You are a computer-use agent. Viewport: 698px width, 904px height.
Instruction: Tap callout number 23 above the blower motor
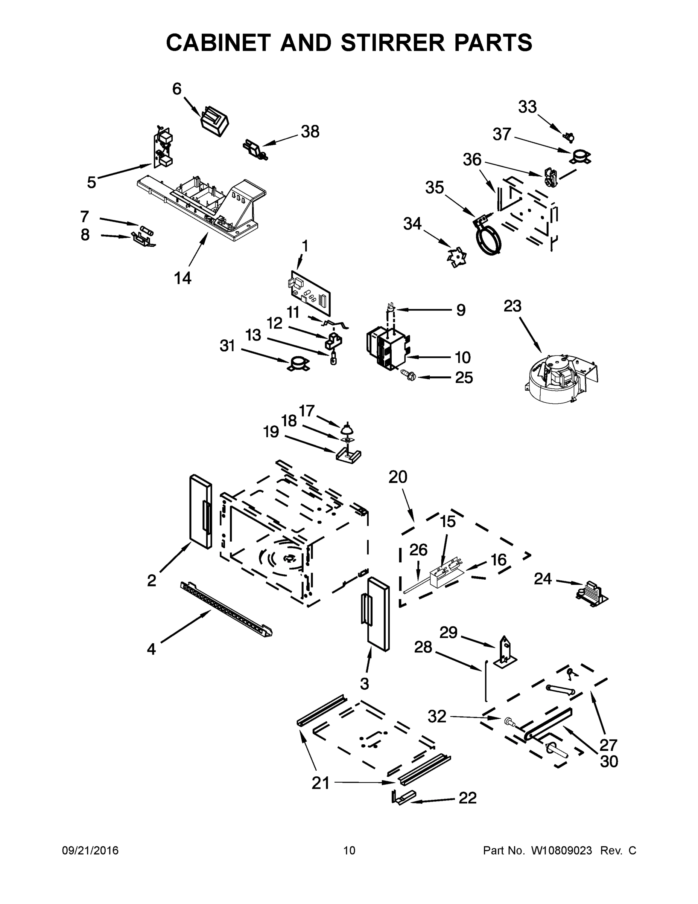(x=512, y=307)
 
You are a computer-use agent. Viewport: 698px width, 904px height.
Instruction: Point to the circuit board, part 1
(x=310, y=292)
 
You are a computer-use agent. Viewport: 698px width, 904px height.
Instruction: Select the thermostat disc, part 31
(x=298, y=364)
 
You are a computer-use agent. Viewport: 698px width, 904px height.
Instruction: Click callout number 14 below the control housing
(x=182, y=278)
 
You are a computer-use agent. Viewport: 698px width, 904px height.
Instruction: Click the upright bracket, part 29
(x=505, y=652)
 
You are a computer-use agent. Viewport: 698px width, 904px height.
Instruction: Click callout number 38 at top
(x=310, y=132)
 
